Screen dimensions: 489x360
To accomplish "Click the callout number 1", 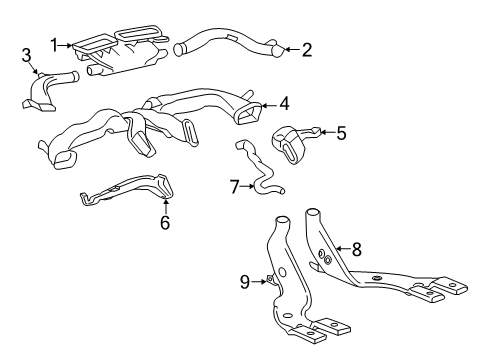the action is (56, 43).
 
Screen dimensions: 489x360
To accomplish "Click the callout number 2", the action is (307, 48).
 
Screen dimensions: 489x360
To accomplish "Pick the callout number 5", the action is (340, 131).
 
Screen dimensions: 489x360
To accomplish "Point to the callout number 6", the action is (166, 222).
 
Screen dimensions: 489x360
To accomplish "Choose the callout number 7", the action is (234, 187).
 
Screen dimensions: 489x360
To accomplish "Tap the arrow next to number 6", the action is (165, 206).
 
